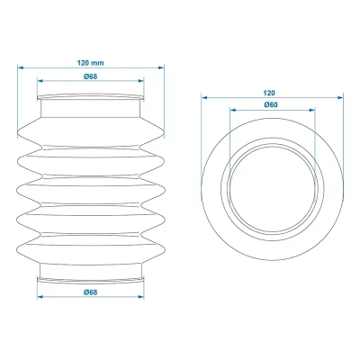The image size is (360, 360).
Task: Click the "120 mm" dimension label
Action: pos(90,64)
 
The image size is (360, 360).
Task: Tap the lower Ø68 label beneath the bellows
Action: pos(90,292)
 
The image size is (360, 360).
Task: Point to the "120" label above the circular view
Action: pos(269,93)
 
